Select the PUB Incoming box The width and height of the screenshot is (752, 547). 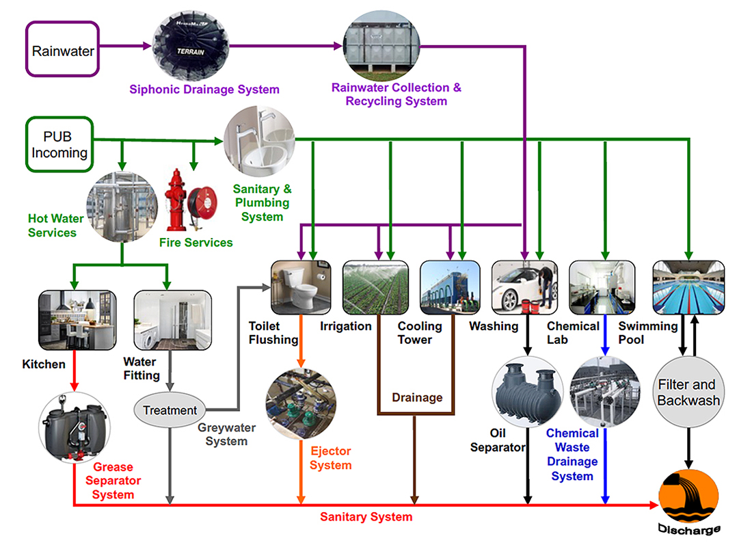[59, 144]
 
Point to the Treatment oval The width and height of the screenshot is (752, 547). [170, 411]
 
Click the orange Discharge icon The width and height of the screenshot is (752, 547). [688, 498]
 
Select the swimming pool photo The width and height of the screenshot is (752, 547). [688, 287]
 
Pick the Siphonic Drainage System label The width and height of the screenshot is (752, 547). [204, 90]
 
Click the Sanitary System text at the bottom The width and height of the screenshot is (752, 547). [366, 517]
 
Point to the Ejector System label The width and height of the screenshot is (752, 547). [330, 458]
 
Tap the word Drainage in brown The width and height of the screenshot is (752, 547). [416, 397]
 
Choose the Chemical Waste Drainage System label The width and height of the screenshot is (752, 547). [572, 454]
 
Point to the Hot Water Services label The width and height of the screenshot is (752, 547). [55, 226]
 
